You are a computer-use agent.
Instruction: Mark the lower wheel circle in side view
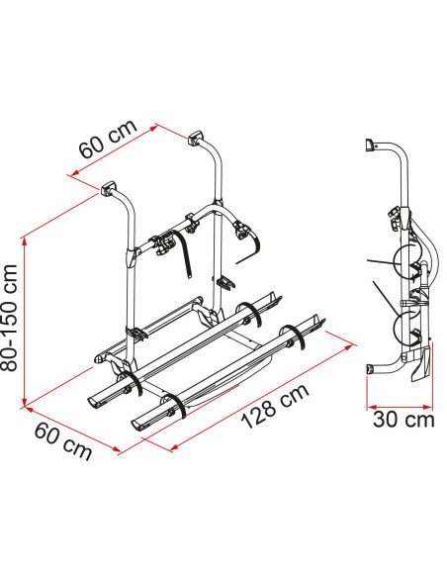(x=406, y=328)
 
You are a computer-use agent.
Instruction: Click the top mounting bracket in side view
(x=371, y=145)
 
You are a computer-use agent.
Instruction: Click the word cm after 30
(x=419, y=421)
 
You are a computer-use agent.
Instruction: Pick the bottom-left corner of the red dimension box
(x=23, y=404)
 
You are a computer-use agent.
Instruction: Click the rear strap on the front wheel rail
(x=293, y=336)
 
